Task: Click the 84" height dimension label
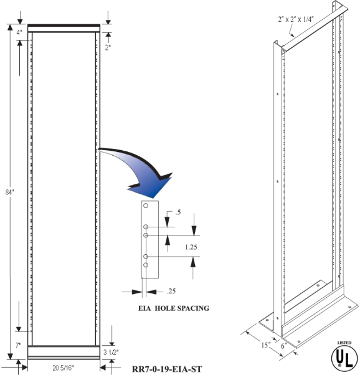(10, 192)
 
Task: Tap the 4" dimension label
(19, 33)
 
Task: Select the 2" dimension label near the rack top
(108, 47)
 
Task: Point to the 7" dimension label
(19, 345)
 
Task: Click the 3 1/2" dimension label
(111, 353)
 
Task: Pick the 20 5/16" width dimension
(63, 368)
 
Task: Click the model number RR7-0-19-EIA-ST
(167, 369)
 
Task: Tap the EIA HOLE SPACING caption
(174, 308)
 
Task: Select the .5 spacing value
(178, 212)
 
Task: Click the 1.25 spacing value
(191, 247)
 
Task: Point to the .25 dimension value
(171, 291)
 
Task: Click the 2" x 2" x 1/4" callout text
(296, 19)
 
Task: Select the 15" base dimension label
(265, 345)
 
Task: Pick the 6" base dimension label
(284, 346)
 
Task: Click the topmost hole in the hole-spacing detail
(146, 206)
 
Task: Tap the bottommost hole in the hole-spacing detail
(146, 265)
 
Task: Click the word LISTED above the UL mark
(344, 343)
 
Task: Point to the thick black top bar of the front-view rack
(64, 25)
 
